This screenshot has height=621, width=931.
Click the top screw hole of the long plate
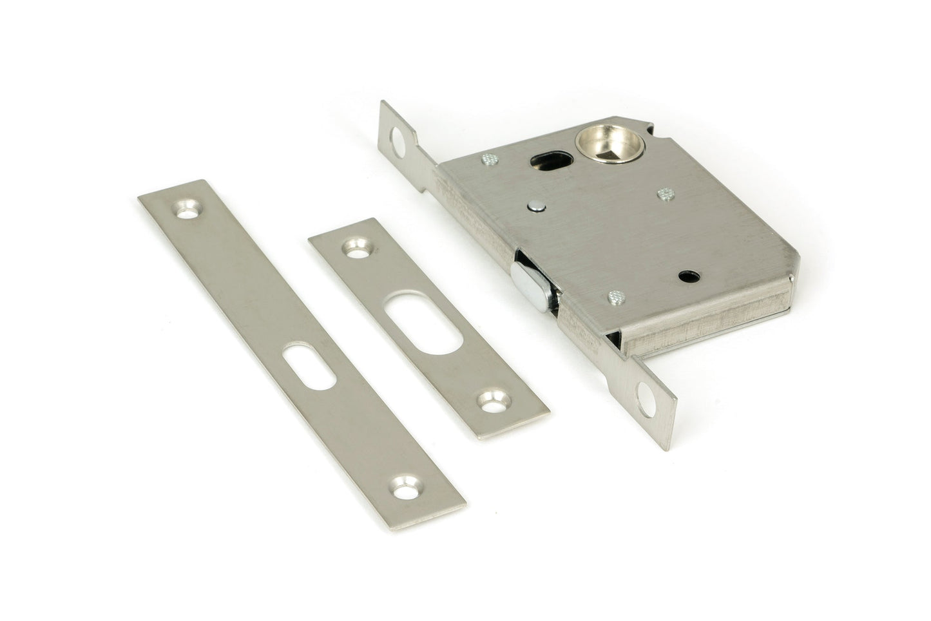(187, 209)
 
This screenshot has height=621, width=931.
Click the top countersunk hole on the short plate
(354, 247)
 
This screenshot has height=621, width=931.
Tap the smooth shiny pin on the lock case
(535, 206)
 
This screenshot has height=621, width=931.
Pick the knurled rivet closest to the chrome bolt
(615, 296)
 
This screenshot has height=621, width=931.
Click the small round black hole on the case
(685, 276)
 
